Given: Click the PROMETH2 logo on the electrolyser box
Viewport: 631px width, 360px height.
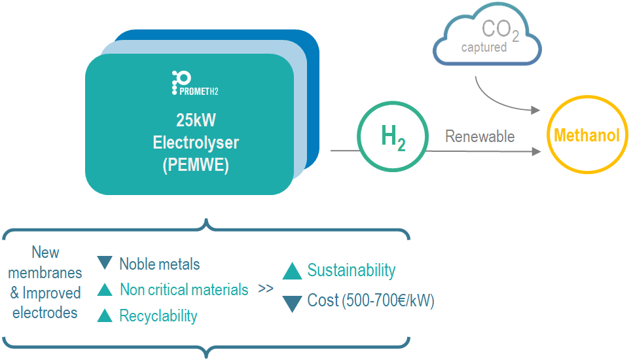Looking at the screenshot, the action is (x=195, y=83).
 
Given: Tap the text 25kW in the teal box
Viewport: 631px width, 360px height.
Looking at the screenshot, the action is (x=196, y=120).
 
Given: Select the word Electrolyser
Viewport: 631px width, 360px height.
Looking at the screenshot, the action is (x=196, y=143).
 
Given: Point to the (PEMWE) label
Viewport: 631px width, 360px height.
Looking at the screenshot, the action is (x=196, y=165).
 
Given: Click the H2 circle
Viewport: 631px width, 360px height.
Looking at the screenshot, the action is (x=393, y=136).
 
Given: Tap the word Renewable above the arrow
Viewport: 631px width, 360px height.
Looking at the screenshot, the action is (x=480, y=136).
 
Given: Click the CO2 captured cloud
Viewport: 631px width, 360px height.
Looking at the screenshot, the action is (x=487, y=34).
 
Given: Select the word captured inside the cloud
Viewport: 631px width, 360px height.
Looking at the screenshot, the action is (x=484, y=48).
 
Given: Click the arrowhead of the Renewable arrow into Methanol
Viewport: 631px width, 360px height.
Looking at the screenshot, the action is (x=536, y=151).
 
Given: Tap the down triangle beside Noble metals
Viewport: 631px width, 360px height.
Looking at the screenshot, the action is (x=105, y=262).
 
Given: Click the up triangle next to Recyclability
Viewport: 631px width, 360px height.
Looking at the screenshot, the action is (x=105, y=315).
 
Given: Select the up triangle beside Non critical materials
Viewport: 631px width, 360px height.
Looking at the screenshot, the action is (x=105, y=289).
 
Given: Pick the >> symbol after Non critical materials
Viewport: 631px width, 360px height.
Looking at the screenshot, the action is (x=266, y=289).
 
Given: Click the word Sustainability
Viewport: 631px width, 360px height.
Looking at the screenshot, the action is (x=352, y=270).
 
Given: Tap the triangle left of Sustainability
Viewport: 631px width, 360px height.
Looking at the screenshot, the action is (x=292, y=271).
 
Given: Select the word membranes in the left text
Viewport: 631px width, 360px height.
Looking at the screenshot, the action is (x=45, y=273).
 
